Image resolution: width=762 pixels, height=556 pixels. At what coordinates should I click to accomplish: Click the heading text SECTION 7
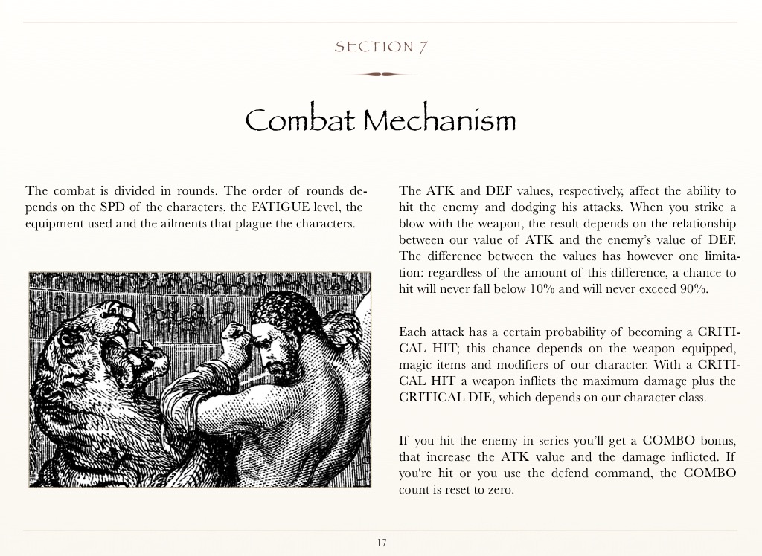pyautogui.click(x=380, y=47)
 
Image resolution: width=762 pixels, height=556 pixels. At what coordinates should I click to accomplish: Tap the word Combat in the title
pyautogui.click(x=299, y=120)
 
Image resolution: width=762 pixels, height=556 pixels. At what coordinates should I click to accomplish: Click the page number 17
pyautogui.click(x=381, y=543)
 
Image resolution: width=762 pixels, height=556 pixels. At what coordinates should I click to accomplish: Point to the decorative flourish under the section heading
pyautogui.click(x=381, y=74)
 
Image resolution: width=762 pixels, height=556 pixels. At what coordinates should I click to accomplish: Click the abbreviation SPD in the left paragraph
pyautogui.click(x=112, y=207)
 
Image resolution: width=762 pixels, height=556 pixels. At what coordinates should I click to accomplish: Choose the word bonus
pyautogui.click(x=715, y=441)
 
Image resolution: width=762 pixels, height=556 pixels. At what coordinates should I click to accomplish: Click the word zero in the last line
pyautogui.click(x=499, y=490)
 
